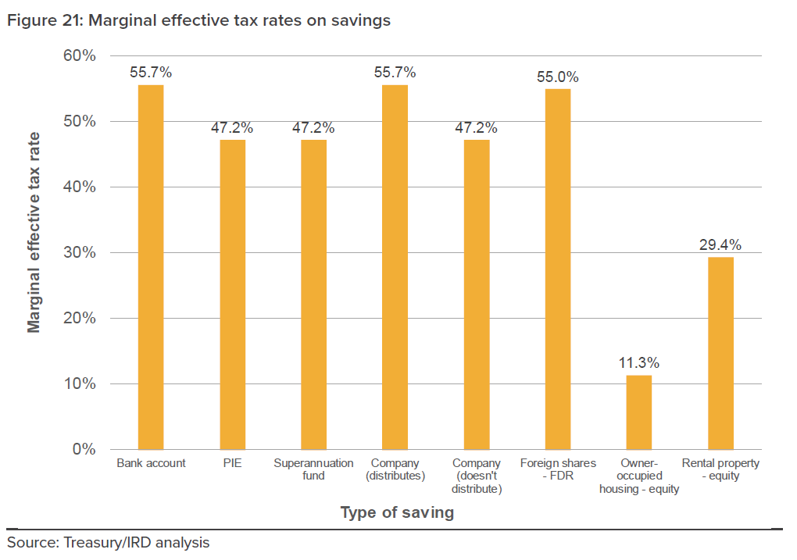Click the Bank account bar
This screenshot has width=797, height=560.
click(151, 267)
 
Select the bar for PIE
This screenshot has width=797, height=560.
click(232, 294)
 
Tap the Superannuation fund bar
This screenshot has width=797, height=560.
click(313, 294)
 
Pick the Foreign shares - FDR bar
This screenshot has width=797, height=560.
click(558, 269)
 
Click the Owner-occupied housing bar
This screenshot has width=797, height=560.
click(639, 412)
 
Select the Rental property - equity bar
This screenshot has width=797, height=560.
click(720, 353)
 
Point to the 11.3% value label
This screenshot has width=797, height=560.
click(639, 363)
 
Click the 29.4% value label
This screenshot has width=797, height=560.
click(720, 244)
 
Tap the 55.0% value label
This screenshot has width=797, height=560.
click(558, 77)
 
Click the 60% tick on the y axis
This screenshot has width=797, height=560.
click(80, 56)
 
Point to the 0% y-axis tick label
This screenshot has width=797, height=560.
click(84, 449)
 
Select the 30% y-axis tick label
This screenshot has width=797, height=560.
click(80, 253)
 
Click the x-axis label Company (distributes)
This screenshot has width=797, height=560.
click(395, 469)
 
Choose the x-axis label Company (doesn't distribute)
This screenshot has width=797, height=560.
click(477, 476)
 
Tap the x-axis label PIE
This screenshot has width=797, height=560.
click(232, 463)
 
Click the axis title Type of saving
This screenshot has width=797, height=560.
click(397, 513)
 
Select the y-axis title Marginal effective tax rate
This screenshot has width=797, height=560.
click(34, 232)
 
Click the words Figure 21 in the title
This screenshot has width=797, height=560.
click(43, 21)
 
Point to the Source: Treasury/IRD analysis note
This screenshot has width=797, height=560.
click(108, 542)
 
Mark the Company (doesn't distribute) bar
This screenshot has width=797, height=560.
click(477, 294)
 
